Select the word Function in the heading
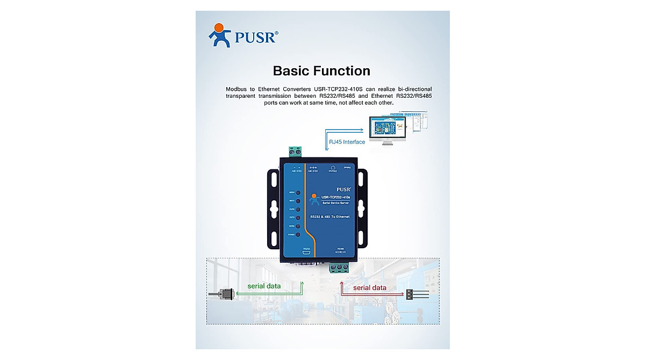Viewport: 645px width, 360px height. pyautogui.click(x=345, y=71)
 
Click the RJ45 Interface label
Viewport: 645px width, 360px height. pyautogui.click(x=346, y=142)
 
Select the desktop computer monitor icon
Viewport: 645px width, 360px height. pyautogui.click(x=385, y=131)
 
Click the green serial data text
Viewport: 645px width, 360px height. pyautogui.click(x=264, y=286)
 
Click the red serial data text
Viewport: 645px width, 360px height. pyautogui.click(x=370, y=288)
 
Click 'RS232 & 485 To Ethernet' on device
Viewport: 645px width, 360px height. pyautogui.click(x=330, y=217)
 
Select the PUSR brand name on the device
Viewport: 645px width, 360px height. pyautogui.click(x=343, y=189)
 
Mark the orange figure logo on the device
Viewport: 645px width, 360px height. pyautogui.click(x=315, y=199)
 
